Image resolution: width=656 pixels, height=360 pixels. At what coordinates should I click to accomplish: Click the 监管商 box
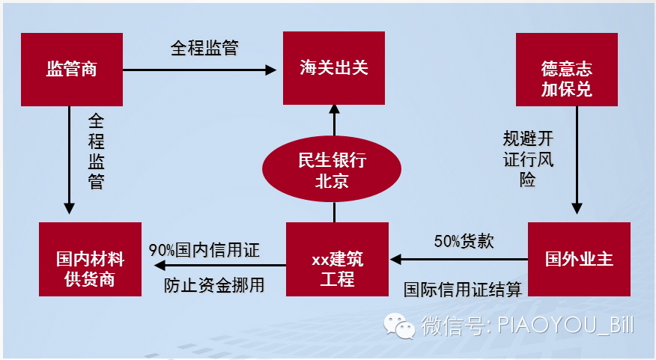click(x=72, y=69)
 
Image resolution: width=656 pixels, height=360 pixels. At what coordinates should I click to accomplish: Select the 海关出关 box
click(x=334, y=69)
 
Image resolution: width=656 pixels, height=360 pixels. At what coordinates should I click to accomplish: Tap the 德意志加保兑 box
click(x=566, y=69)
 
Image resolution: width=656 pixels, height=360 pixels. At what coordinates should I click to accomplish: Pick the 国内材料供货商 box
click(x=90, y=259)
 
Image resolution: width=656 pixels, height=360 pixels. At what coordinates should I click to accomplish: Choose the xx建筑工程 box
click(x=337, y=259)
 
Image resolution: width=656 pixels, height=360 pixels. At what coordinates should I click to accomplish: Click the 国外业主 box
click(x=579, y=259)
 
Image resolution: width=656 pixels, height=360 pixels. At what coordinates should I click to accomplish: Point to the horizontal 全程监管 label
click(x=204, y=48)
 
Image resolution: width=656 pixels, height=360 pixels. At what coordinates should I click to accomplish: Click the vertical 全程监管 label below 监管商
click(x=96, y=150)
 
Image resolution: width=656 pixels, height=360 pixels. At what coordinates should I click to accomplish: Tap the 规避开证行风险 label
click(x=528, y=159)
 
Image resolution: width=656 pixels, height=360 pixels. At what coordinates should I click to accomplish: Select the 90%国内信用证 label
click(x=204, y=250)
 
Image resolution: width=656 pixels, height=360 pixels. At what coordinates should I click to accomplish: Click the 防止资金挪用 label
click(x=214, y=285)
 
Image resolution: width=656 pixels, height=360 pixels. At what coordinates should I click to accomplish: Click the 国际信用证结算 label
click(x=463, y=288)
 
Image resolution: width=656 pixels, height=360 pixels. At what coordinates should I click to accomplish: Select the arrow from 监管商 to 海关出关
click(x=199, y=70)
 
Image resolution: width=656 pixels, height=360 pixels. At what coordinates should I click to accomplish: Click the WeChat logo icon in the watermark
click(x=399, y=326)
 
